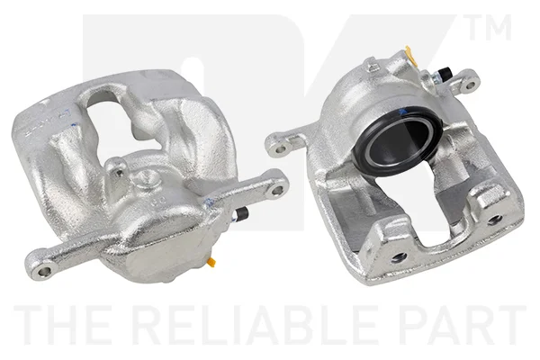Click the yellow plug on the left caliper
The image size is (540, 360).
211,262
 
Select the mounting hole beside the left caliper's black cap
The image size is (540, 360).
277,190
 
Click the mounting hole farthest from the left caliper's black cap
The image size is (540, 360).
44,272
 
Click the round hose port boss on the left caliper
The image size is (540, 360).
148,178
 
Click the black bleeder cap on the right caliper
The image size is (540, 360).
445,73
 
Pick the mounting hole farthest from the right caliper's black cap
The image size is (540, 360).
281,149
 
